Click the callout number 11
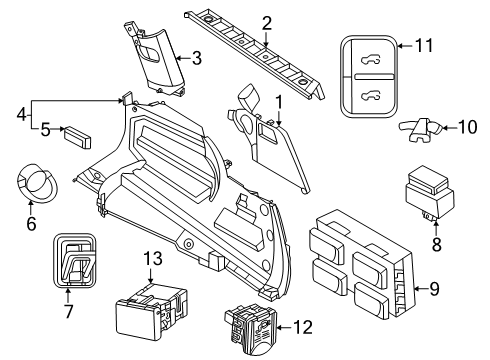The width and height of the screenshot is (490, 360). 424,45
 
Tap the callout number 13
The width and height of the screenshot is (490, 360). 153,258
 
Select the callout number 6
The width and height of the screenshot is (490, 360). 31,223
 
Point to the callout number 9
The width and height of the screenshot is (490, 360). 434,288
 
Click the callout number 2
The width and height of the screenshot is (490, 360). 267,23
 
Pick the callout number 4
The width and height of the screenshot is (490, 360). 21,115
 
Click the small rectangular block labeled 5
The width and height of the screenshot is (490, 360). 78,137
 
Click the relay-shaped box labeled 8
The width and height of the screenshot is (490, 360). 430,192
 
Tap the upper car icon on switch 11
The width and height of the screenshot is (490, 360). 370,60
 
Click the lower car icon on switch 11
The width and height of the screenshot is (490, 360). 370,96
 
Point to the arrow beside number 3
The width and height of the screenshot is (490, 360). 183,58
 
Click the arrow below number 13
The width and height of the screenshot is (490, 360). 150,275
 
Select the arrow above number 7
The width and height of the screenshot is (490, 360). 68,296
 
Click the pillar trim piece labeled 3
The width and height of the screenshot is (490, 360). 155,59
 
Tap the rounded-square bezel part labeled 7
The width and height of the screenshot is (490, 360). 75,260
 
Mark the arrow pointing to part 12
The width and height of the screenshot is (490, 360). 284,328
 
